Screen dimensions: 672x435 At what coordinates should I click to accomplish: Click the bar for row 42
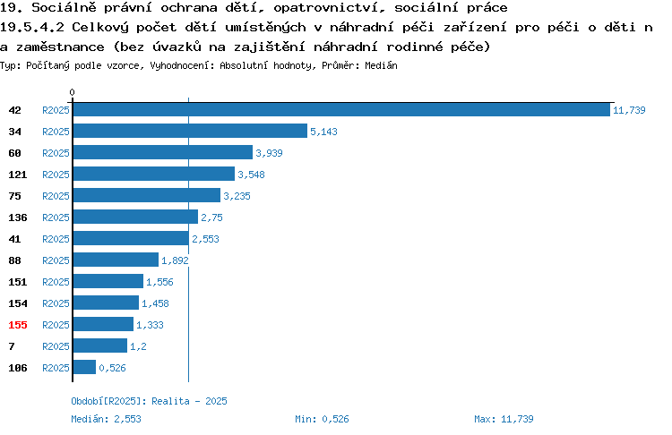(341, 109)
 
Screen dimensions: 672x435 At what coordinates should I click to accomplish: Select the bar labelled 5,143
(190, 131)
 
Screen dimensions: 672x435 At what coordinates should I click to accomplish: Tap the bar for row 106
(84, 367)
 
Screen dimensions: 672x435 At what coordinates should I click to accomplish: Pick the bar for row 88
(116, 260)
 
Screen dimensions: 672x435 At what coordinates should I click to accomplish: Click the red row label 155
(18, 325)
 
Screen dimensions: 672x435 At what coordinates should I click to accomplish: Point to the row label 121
(18, 175)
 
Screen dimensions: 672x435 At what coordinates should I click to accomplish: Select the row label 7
(12, 346)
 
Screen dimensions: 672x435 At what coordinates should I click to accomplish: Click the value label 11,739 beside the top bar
(629, 110)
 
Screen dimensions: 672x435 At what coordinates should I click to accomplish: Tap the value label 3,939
(269, 153)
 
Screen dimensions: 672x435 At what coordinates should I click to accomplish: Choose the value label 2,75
(211, 217)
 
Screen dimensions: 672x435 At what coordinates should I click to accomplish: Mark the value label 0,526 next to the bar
(112, 368)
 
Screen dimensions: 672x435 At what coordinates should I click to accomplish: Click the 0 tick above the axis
(72, 92)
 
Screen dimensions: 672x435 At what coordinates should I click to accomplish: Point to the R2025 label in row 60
(56, 153)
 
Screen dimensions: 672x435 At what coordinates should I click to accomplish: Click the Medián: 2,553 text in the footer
(106, 419)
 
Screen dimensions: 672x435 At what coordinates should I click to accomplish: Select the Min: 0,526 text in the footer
(322, 419)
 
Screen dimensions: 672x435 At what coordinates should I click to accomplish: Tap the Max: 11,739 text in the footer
(504, 419)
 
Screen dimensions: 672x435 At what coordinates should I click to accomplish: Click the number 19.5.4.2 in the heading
(32, 28)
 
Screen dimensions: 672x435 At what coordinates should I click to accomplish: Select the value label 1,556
(159, 282)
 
